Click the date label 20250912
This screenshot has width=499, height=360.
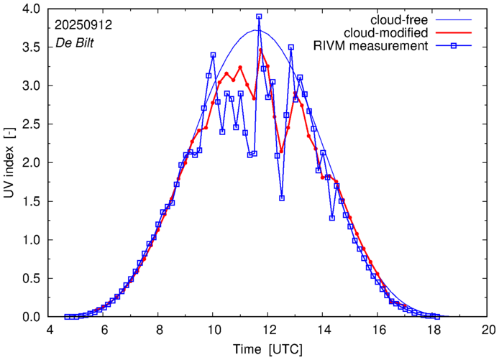pyautogui.click(x=85, y=24)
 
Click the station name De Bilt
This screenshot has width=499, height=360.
pyautogui.click(x=75, y=43)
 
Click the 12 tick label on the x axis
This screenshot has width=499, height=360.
pyautogui.click(x=269, y=331)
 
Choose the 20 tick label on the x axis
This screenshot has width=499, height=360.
pyautogui.click(x=489, y=331)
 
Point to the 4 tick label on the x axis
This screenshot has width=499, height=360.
pyautogui.click(x=50, y=331)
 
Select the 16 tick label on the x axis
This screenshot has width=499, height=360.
pyautogui.click(x=379, y=331)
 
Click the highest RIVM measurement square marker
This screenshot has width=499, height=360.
pyautogui.click(x=259, y=17)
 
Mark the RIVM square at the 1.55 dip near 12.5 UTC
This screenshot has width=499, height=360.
pyautogui.click(x=282, y=198)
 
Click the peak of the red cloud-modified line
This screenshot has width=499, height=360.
pyautogui.click(x=260, y=50)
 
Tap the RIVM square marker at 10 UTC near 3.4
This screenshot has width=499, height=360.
pyautogui.click(x=213, y=55)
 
